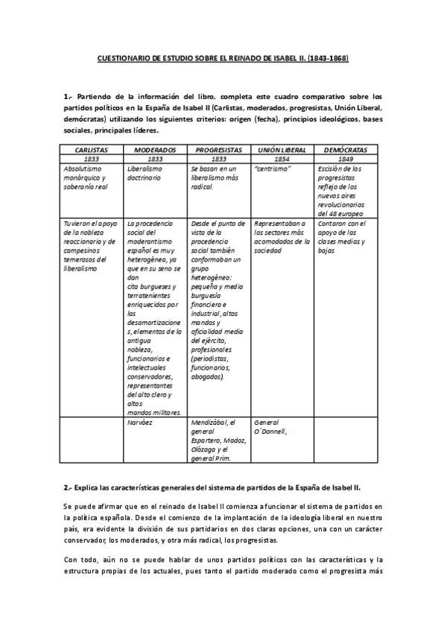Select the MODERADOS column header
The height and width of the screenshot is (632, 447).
155,150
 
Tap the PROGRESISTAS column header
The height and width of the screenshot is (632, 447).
220,150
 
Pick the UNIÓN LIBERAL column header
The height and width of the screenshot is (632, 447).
282,150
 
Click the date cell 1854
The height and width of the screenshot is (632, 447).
282,159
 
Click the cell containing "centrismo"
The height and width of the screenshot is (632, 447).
274,168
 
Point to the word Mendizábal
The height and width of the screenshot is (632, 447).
212,422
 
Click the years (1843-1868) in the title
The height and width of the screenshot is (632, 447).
326,57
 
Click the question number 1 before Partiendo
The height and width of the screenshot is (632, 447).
66,96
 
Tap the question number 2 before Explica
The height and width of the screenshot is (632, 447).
66,487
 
